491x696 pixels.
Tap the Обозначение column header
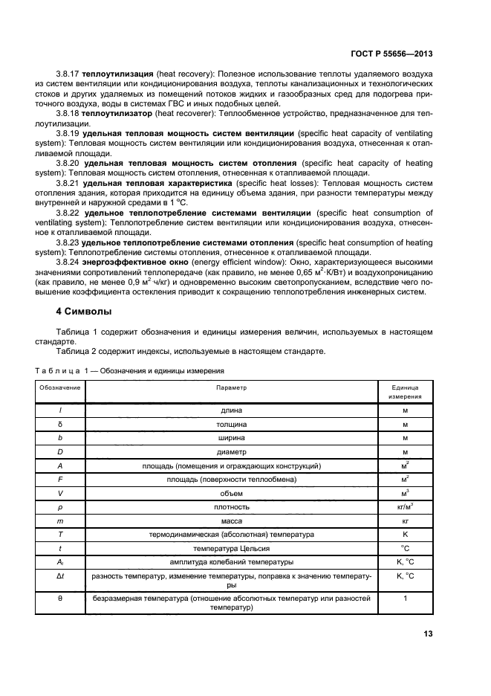tap(60, 387)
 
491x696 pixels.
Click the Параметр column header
tap(231, 387)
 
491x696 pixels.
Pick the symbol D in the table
tap(60, 451)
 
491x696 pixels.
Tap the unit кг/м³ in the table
tap(405, 506)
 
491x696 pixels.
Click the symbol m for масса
tap(60, 521)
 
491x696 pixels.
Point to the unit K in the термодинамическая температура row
tap(405, 534)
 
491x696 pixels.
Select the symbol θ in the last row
tap(60, 597)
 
